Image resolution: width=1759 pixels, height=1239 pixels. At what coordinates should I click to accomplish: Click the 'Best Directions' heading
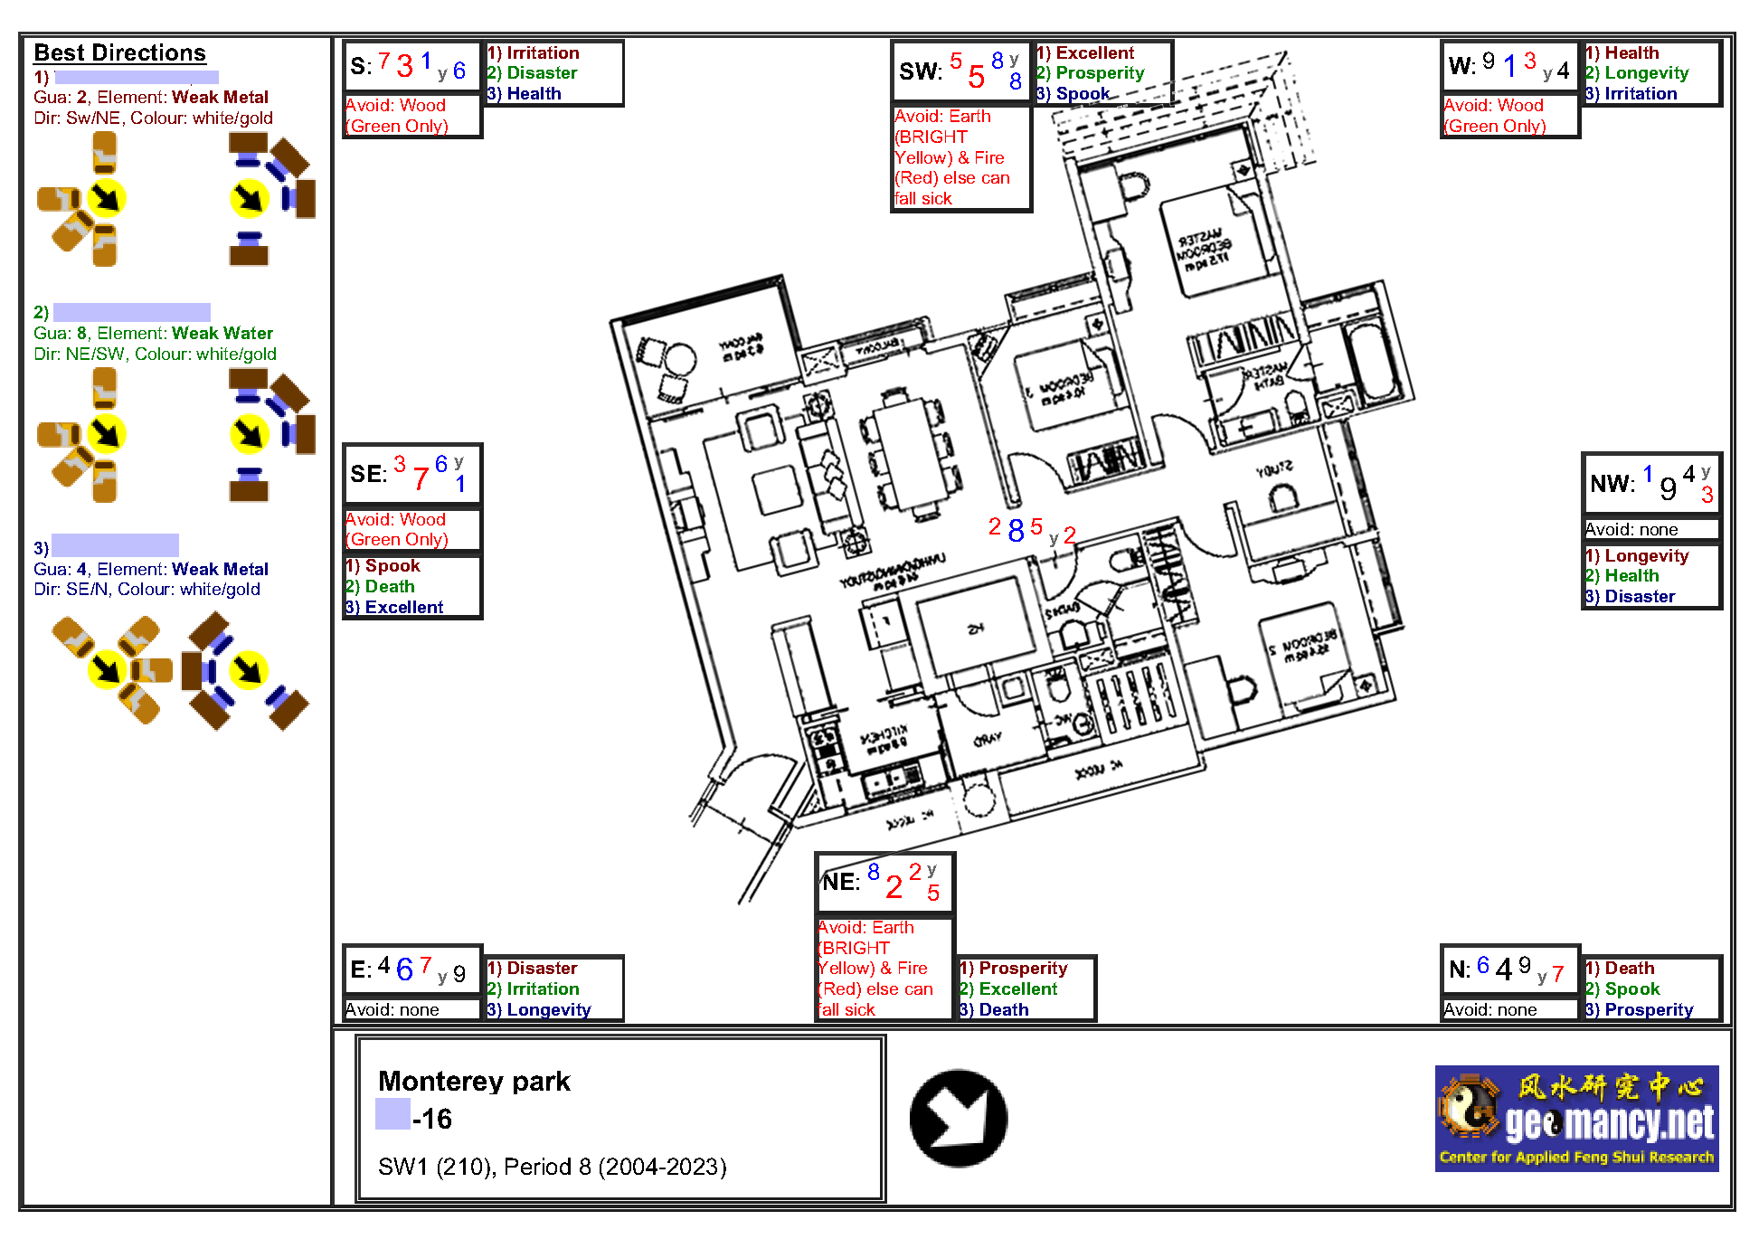(x=119, y=52)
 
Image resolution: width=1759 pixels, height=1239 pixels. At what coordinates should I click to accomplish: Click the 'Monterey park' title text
(x=474, y=1081)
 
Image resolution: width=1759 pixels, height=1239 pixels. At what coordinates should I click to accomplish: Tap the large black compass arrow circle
(x=958, y=1118)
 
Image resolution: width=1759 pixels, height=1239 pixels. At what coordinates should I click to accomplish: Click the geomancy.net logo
(x=1576, y=1119)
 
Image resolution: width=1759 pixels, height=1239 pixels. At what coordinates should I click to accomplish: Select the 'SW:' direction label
(x=920, y=71)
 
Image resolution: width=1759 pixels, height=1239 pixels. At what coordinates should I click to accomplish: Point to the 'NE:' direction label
(x=841, y=882)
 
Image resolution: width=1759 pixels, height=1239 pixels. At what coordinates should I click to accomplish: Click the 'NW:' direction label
(x=1612, y=484)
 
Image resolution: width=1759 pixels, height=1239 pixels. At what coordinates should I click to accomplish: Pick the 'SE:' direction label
(x=368, y=474)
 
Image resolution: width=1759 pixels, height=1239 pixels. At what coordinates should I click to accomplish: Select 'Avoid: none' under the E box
(x=392, y=1009)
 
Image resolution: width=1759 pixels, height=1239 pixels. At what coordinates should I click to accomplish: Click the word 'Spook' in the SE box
(x=392, y=565)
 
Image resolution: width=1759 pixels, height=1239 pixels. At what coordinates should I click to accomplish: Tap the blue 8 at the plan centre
(x=1016, y=530)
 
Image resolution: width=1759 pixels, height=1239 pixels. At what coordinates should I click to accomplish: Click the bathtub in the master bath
(x=1374, y=362)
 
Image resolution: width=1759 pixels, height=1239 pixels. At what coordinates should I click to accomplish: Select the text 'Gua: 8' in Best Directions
(x=60, y=333)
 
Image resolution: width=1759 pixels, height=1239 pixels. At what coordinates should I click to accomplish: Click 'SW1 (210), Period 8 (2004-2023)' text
(x=552, y=1167)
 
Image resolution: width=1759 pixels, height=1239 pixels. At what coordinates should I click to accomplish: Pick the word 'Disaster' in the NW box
(x=1640, y=596)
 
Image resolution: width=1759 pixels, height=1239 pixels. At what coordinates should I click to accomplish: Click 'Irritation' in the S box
(x=543, y=52)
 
